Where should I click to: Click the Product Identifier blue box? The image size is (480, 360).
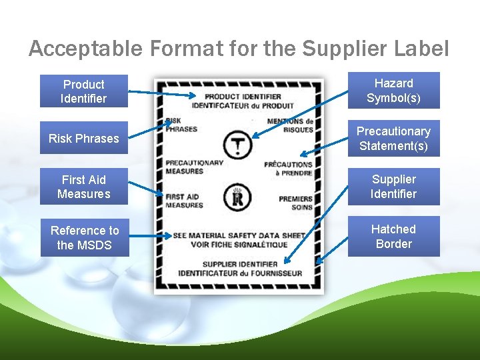[83, 91]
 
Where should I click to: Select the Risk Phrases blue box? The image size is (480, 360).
[83, 139]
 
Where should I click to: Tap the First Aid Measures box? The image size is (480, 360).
[83, 187]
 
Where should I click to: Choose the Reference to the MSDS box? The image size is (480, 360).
[84, 238]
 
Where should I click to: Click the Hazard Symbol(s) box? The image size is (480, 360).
[393, 91]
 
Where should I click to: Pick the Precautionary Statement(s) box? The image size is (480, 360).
[393, 139]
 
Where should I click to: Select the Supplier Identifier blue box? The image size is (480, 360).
[393, 187]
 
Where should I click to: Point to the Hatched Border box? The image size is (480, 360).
[393, 236]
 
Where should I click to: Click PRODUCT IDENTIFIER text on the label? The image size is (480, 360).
[242, 97]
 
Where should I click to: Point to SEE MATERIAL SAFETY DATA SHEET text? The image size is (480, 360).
[239, 235]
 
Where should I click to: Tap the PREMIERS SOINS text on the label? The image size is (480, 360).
[295, 203]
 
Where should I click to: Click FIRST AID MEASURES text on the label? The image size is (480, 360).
[184, 201]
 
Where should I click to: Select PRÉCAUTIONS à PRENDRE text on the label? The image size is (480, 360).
[288, 168]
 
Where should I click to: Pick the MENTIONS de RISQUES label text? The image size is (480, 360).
[290, 125]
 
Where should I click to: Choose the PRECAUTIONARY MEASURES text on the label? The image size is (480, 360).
[194, 167]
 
